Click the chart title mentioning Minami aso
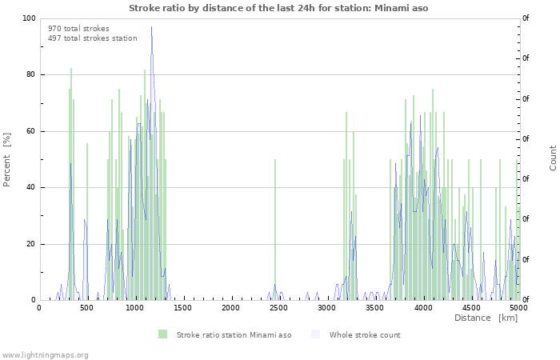tap(278, 8)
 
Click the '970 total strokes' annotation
tap(78, 29)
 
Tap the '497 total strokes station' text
tap(92, 38)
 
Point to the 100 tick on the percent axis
tap(29, 18)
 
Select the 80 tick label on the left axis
tap(31, 75)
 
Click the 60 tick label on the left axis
tap(31, 131)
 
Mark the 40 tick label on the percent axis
tap(31, 188)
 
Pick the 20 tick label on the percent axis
tap(31, 244)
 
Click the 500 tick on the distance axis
tap(86, 308)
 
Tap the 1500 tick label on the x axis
tap(182, 308)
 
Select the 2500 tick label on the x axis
tap(278, 308)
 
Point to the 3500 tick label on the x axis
tap(374, 308)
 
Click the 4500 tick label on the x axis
tap(470, 308)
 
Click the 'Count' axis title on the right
tap(553, 158)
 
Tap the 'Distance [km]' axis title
tap(486, 318)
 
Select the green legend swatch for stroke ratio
tap(163, 334)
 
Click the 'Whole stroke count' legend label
tap(364, 335)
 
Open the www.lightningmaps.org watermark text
tap(45, 354)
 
